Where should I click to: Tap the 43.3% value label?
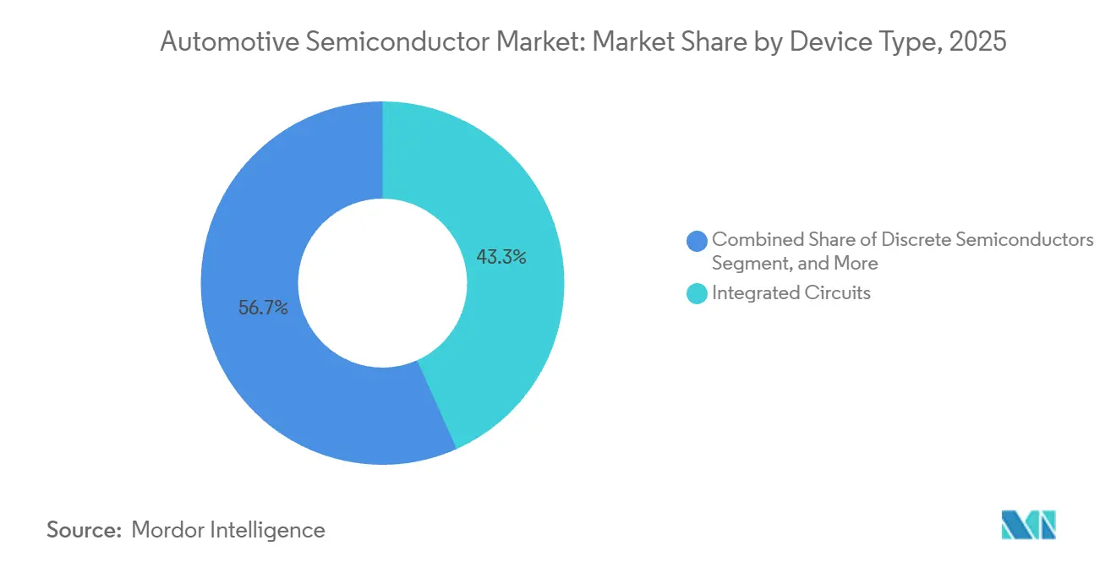click(501, 258)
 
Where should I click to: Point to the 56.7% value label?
click(263, 308)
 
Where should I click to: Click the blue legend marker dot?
click(697, 241)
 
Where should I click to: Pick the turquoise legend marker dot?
click(697, 294)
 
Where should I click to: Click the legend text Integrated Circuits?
click(791, 293)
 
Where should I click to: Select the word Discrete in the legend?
click(925, 240)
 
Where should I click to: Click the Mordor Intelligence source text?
click(228, 530)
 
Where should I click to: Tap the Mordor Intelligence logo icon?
click(1028, 524)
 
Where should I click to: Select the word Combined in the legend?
click(757, 240)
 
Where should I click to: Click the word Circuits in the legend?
click(835, 293)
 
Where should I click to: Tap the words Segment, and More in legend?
click(795, 264)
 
